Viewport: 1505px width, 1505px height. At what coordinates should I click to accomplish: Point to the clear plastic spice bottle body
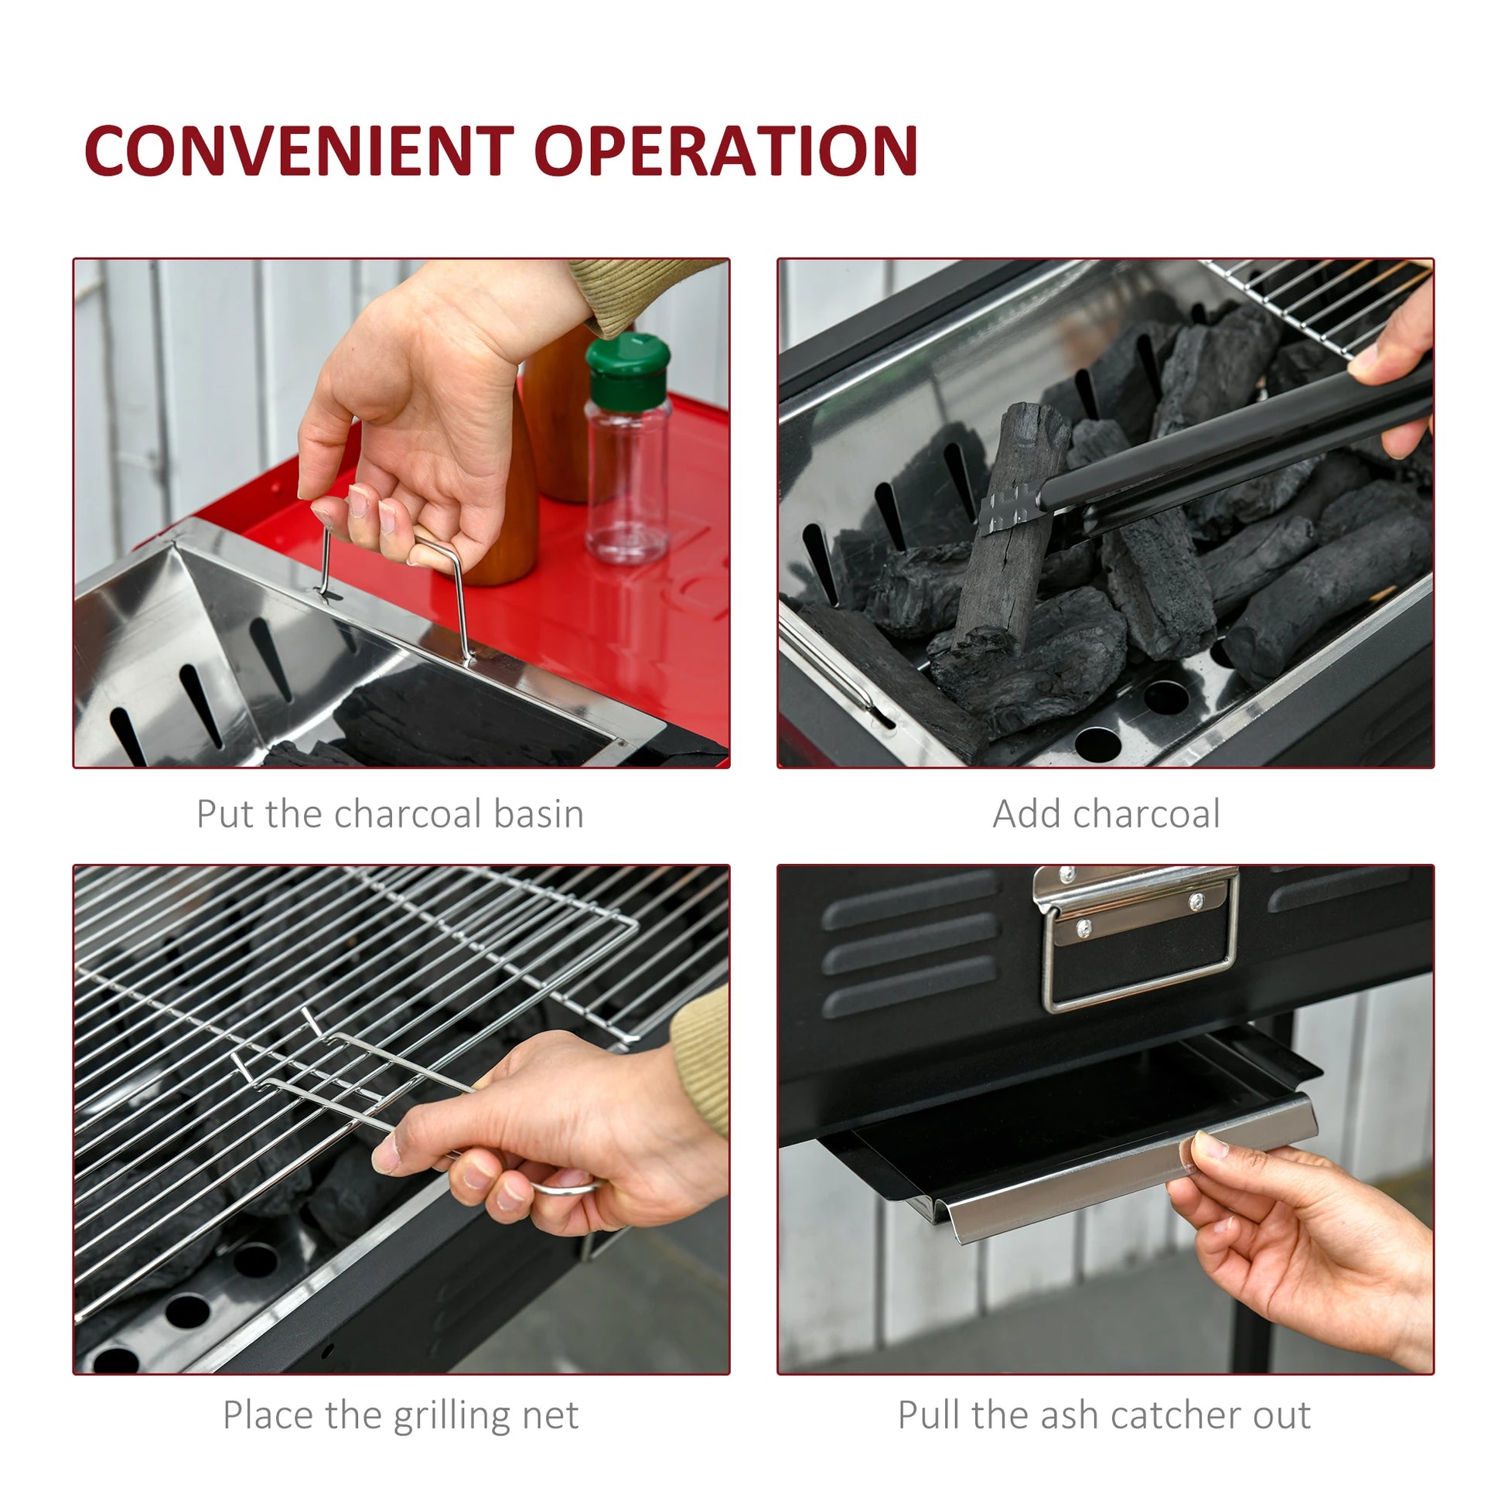click(x=627, y=479)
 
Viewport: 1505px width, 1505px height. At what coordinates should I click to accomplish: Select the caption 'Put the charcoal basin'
click(x=390, y=814)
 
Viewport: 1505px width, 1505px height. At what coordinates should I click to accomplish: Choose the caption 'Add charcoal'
click(x=1106, y=814)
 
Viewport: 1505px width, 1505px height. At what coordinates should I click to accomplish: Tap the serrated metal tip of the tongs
click(x=1009, y=508)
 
